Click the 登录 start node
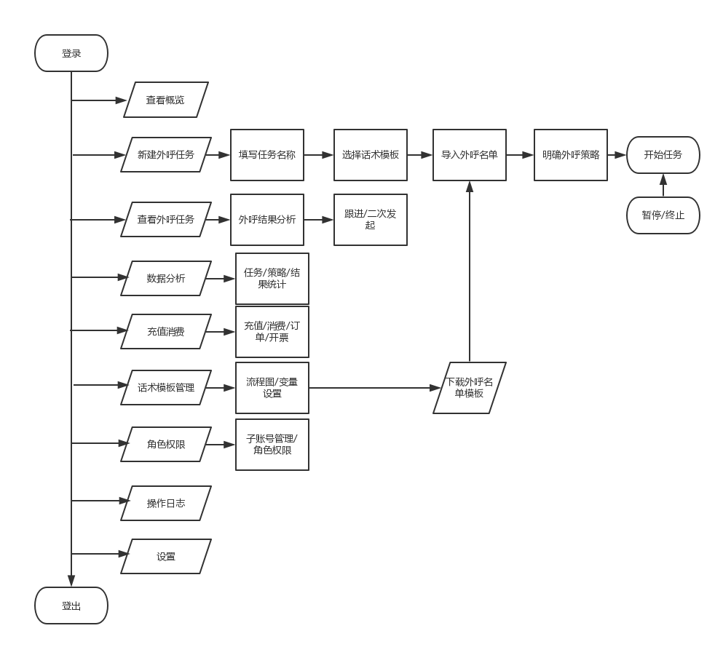71,53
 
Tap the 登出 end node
71,606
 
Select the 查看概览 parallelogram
165,100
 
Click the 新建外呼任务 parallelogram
166,154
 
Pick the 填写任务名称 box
267,154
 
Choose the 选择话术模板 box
371,154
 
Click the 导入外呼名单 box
470,154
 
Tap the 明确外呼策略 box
571,154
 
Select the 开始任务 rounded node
663,154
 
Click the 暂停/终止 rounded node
663,215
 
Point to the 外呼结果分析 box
267,219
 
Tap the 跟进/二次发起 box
371,219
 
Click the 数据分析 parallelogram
166,278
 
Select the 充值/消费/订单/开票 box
272,331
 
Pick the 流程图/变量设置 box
272,387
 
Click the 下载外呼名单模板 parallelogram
470,387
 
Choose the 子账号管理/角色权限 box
272,444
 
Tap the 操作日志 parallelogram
166,503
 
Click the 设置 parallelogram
166,556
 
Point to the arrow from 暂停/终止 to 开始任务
663,186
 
